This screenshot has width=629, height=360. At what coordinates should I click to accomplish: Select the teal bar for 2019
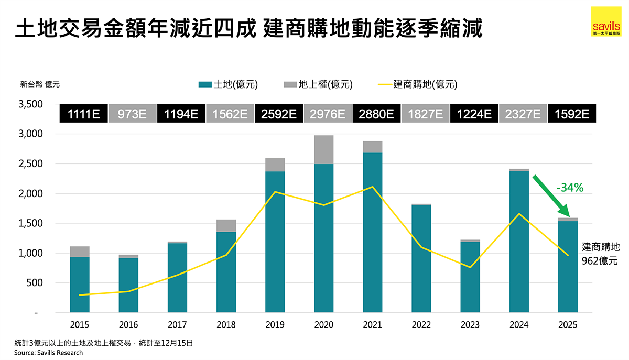(275, 241)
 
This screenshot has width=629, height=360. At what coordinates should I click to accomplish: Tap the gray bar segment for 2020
(323, 150)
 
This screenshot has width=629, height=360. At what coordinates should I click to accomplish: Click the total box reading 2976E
(328, 114)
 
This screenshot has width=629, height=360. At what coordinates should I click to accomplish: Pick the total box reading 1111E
(84, 114)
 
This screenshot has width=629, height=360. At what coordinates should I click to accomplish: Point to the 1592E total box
(571, 114)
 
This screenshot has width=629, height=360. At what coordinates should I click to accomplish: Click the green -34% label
(570, 188)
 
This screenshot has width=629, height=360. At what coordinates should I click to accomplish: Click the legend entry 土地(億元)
(229, 84)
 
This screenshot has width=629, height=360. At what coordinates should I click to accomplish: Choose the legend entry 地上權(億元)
(319, 84)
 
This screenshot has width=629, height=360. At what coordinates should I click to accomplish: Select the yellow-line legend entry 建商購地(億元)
(419, 84)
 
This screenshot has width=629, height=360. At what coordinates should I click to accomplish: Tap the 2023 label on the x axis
(470, 325)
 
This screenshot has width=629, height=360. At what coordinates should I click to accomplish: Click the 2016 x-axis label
(128, 325)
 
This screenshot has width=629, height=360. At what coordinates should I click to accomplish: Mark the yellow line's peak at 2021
(372, 187)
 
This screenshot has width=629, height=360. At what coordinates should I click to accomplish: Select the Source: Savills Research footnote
(48, 353)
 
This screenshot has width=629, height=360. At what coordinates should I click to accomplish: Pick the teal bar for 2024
(519, 241)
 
